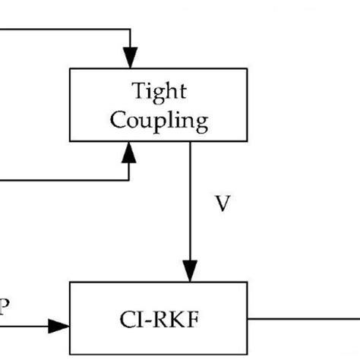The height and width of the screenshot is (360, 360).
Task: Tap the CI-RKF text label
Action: point(158,314)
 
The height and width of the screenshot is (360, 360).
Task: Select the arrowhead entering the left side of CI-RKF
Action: point(59,326)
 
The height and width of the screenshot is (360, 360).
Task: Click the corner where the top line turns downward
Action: point(131,30)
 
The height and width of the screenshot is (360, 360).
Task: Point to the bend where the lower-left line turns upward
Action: point(131,180)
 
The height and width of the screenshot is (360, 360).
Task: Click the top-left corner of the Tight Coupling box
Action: point(70,68)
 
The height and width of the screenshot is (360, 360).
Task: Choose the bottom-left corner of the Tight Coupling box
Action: point(70,141)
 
